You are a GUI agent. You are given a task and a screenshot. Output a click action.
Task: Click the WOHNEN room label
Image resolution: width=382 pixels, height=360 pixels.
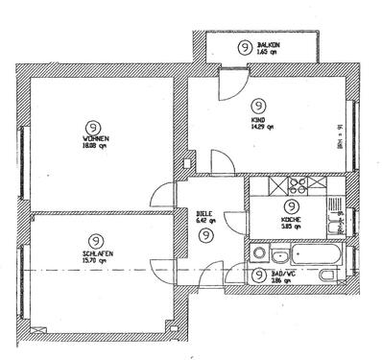pos(95,138)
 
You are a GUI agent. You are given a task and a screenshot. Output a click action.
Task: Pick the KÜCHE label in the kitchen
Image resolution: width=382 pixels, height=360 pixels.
pos(292,219)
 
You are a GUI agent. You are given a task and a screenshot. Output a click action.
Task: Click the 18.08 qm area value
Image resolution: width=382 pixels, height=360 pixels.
pos(96,146)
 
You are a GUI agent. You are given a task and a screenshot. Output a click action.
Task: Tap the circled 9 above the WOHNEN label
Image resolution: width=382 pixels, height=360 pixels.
pos(94,126)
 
